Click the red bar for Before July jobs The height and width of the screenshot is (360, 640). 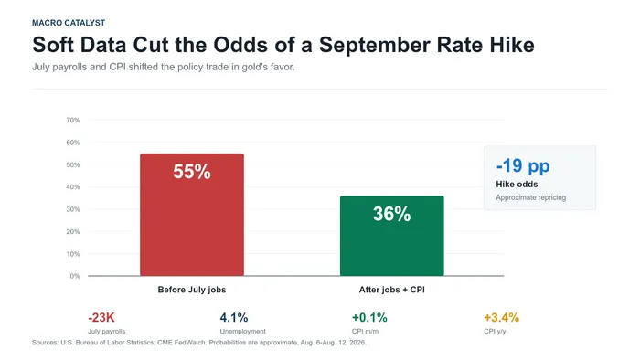(192, 215)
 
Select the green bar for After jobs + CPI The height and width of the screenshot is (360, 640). (392, 236)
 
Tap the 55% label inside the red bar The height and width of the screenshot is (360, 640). (192, 172)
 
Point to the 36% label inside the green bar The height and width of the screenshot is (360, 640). (392, 214)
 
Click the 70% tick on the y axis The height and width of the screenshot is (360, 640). (73, 121)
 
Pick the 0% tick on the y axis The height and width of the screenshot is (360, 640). (75, 276)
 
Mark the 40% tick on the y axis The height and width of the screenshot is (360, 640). (73, 187)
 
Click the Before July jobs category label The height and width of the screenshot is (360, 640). (192, 290)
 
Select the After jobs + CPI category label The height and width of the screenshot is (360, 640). (392, 290)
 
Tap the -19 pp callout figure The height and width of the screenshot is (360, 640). (523, 166)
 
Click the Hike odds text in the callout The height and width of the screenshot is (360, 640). (517, 185)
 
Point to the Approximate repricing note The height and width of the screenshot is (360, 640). (530, 197)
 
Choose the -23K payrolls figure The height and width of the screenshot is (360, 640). (101, 318)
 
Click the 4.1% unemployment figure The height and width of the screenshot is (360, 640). (234, 318)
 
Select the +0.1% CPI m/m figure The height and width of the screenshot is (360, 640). (369, 318)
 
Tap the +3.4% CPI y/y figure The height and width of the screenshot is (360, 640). (502, 318)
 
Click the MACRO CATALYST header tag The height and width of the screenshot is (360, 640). (69, 23)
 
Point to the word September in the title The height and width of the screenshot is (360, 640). (374, 46)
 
